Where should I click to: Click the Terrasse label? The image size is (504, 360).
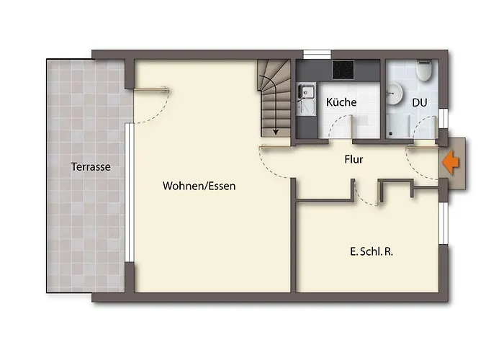click(x=91, y=167)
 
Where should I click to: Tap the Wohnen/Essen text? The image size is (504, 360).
click(x=199, y=186)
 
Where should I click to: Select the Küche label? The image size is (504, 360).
click(x=341, y=102)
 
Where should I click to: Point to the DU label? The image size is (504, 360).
click(x=420, y=103)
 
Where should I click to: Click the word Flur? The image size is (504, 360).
click(x=354, y=159)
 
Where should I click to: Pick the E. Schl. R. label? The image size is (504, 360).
click(x=372, y=252)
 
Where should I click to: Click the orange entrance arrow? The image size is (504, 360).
click(x=451, y=162)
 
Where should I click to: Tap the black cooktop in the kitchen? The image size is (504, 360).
click(x=343, y=70)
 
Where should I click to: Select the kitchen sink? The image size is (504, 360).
click(x=306, y=99)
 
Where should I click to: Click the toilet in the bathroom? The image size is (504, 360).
click(x=423, y=71)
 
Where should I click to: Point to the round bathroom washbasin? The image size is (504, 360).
click(x=394, y=94)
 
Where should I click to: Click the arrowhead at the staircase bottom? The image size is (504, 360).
click(x=276, y=132)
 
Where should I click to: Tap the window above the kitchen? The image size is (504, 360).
click(x=318, y=54)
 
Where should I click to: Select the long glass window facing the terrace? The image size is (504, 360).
click(x=129, y=192)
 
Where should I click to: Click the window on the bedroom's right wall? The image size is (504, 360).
click(x=444, y=223)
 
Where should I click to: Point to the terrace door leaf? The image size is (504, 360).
click(x=151, y=89)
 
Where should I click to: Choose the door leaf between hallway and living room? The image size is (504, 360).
click(x=276, y=147)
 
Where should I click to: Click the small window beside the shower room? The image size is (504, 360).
click(x=444, y=119)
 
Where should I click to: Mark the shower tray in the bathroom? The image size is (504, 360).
click(x=399, y=126)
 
